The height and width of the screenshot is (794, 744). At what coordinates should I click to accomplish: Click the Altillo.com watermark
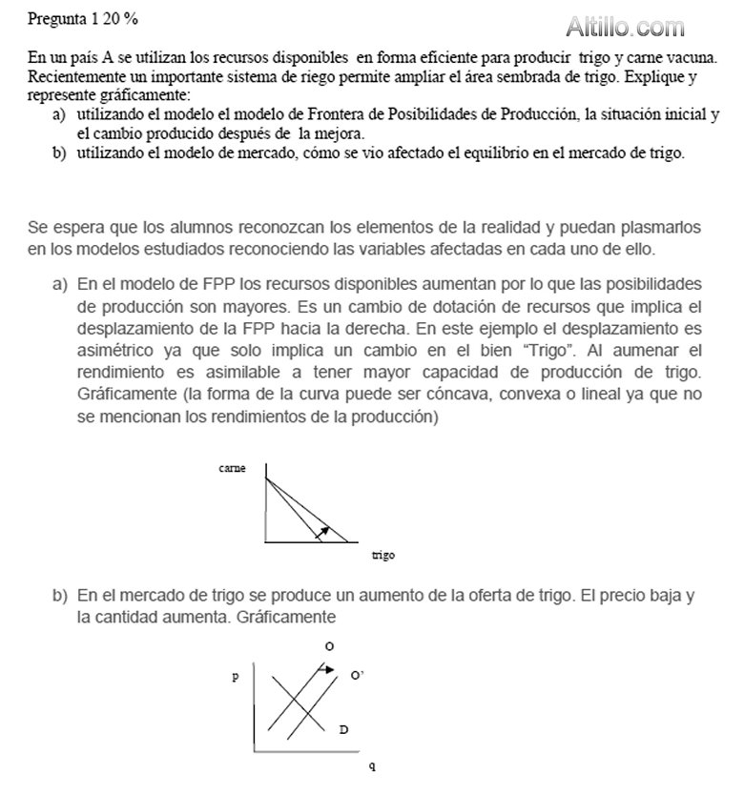pos(626,27)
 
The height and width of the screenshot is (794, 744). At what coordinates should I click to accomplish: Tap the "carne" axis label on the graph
pos(232,468)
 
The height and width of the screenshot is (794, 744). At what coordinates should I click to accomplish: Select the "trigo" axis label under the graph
pos(383,555)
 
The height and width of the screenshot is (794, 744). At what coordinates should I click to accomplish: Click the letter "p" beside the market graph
pos(234,677)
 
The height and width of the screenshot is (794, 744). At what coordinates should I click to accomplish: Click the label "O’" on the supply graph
pos(357,675)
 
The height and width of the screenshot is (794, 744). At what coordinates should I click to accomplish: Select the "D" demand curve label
pos(343,730)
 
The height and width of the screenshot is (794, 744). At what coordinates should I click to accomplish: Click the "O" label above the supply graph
pos(329,646)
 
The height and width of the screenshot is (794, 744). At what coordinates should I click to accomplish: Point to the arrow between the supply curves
pos(325,669)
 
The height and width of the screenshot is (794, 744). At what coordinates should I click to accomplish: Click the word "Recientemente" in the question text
pos(72,74)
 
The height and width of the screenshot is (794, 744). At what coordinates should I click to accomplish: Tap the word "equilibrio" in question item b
pos(480,153)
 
